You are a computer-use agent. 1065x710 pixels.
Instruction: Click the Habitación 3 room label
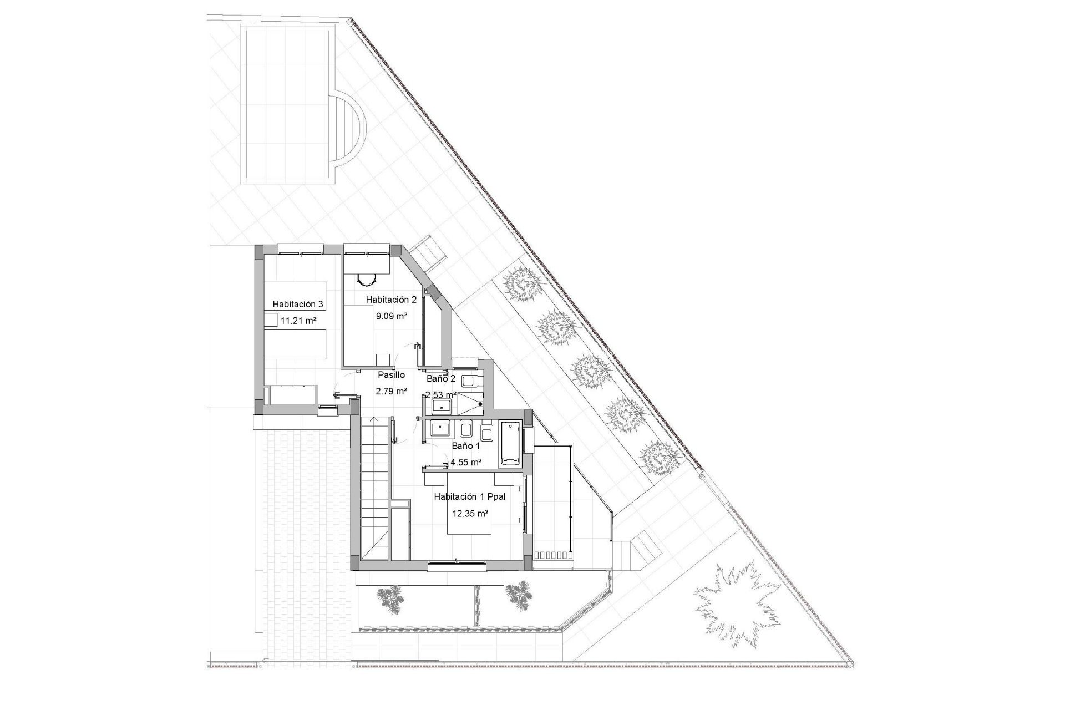(x=298, y=304)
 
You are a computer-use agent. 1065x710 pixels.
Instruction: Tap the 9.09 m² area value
(x=392, y=316)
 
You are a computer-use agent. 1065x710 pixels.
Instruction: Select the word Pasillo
(x=392, y=375)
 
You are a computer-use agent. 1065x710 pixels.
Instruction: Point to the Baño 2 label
(x=441, y=379)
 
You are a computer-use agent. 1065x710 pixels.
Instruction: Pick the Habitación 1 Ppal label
(x=470, y=497)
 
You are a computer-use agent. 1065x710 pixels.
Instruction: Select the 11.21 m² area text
(x=298, y=320)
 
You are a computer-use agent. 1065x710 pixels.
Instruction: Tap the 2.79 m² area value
(x=392, y=391)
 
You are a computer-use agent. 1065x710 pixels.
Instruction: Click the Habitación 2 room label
(x=391, y=300)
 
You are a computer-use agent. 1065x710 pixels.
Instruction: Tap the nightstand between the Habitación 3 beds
(x=270, y=320)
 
